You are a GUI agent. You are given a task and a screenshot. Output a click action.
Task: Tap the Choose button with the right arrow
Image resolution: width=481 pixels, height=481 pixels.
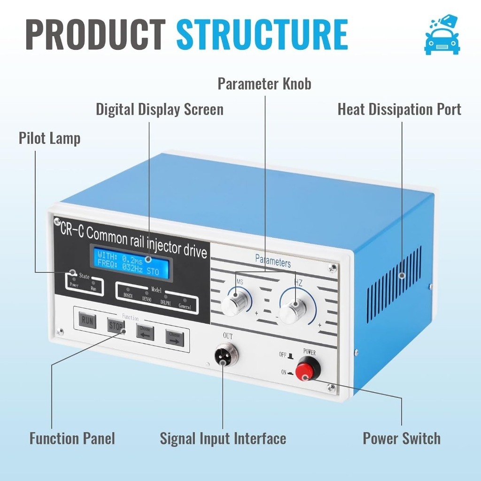tap(174, 337)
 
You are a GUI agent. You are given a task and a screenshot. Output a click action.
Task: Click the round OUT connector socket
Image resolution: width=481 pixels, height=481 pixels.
tap(225, 355)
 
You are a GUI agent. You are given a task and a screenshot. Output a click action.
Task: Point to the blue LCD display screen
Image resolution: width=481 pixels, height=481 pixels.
tap(132, 263)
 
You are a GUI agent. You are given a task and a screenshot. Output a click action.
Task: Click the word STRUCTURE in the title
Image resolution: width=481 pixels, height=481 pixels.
tap(262, 35)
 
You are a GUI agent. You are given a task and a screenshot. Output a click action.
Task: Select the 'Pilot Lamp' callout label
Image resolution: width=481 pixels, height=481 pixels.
tap(49, 138)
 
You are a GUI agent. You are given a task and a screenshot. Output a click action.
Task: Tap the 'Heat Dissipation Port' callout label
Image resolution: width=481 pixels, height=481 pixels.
tap(399, 109)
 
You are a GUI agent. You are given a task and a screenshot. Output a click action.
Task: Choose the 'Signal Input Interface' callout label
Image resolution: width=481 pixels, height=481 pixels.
tap(223, 439)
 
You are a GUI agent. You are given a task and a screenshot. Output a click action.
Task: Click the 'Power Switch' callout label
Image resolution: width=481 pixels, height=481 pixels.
tap(402, 438)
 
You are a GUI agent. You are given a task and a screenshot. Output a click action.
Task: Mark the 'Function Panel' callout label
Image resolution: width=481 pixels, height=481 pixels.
tap(72, 439)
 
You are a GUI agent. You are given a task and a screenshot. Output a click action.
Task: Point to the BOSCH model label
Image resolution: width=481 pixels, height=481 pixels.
tap(128, 296)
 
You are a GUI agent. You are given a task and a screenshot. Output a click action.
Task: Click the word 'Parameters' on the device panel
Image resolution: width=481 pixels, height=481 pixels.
tap(272, 260)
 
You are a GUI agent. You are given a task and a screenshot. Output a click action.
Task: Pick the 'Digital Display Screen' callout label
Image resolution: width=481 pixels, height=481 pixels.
tap(160, 109)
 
